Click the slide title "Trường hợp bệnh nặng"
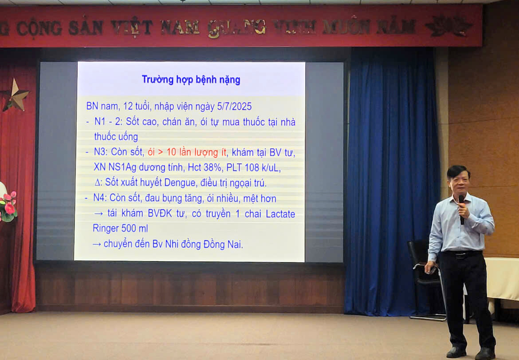tap(191, 80)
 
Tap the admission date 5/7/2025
tap(234, 106)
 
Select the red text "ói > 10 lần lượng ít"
tap(187, 152)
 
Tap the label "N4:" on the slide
tap(100, 198)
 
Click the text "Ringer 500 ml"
tap(120, 228)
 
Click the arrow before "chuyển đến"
tap(97, 245)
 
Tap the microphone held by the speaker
tap(461, 209)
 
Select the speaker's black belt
tap(461, 254)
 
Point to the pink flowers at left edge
tap(8, 206)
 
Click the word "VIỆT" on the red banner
tap(131, 27)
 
